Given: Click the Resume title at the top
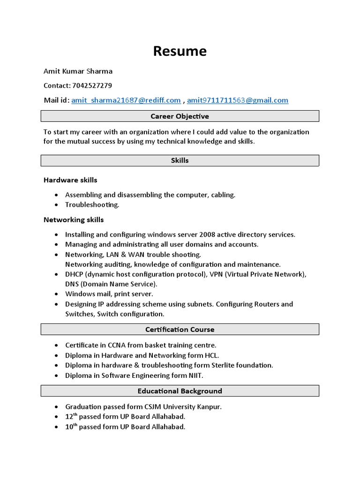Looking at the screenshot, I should pyautogui.click(x=180, y=51).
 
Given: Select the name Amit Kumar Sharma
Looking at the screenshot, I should pyautogui.click(x=78, y=71).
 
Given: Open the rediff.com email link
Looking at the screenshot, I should pyautogui.click(x=126, y=100).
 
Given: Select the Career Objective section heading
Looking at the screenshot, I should pyautogui.click(x=180, y=116).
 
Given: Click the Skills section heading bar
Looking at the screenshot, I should pyautogui.click(x=180, y=160).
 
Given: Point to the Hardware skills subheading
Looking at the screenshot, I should pyautogui.click(x=70, y=180).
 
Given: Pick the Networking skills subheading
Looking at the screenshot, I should pyautogui.click(x=74, y=220).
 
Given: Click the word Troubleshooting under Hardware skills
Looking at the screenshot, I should pyautogui.click(x=92, y=205).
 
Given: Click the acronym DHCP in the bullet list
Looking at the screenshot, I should pyautogui.click(x=74, y=274).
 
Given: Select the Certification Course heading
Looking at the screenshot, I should pyautogui.click(x=180, y=330).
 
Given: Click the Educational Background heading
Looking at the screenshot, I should pyautogui.click(x=180, y=391).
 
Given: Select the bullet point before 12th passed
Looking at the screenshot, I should pyautogui.click(x=57, y=417).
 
